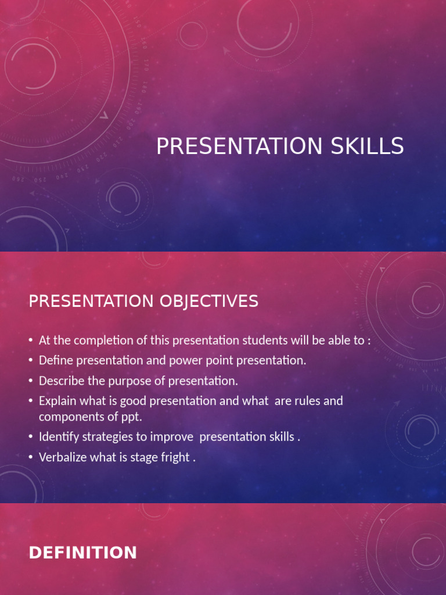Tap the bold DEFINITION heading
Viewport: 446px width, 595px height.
(x=83, y=553)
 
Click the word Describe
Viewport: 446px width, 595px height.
(x=59, y=381)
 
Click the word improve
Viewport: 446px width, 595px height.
(x=176, y=437)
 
